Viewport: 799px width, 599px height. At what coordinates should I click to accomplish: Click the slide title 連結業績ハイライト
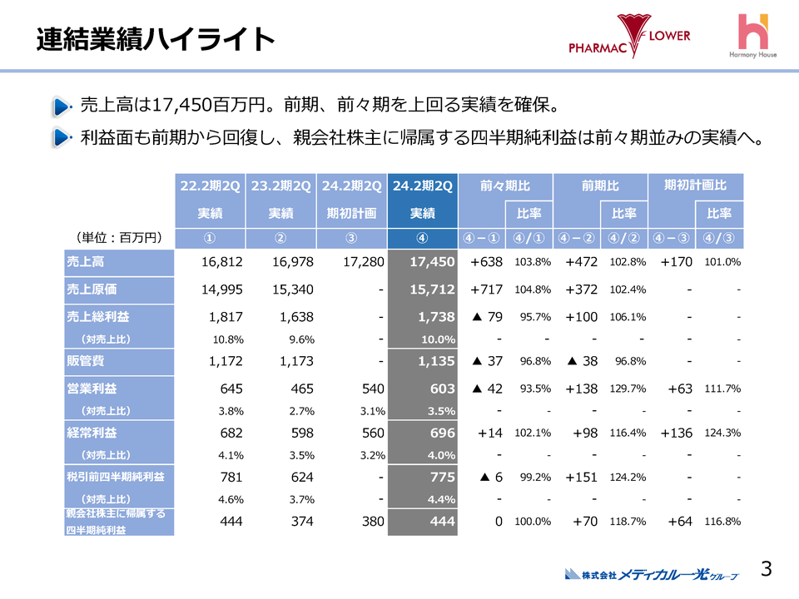tap(156, 39)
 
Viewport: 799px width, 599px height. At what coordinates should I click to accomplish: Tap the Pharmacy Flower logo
tap(629, 37)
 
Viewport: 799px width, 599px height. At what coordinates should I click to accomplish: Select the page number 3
tap(767, 569)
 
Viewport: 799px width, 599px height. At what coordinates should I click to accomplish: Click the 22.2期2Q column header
tap(210, 186)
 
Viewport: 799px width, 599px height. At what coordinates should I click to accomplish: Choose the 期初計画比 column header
tap(696, 186)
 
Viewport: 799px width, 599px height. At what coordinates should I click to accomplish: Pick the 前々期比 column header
tap(505, 186)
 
